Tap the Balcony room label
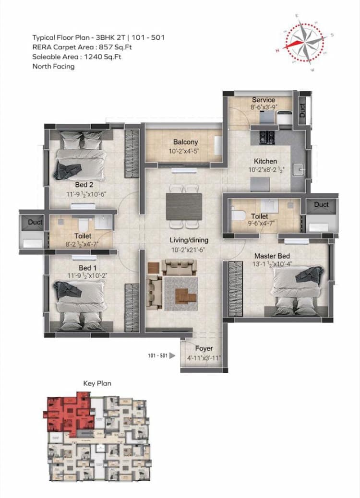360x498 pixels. [185, 142]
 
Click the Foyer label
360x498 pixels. [204, 348]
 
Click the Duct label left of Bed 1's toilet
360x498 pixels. [35, 222]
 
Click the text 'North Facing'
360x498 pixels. [53, 67]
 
